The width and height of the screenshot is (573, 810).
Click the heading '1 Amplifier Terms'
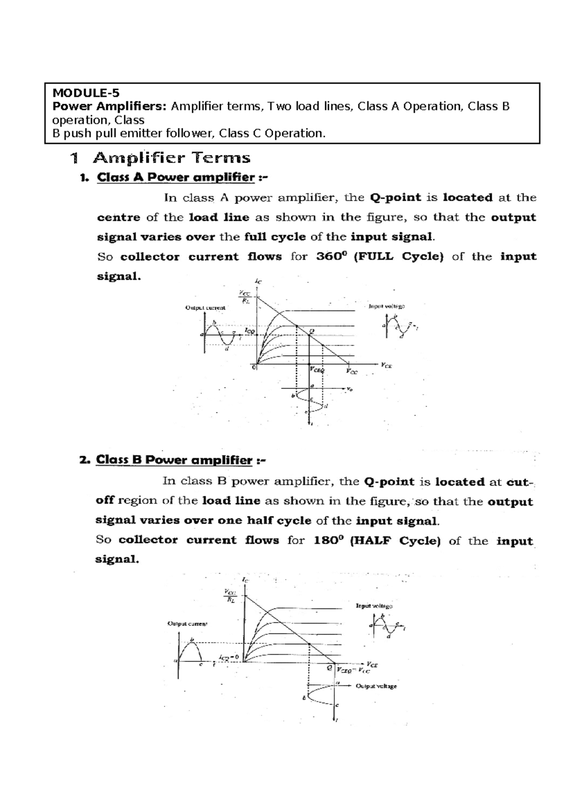point(159,158)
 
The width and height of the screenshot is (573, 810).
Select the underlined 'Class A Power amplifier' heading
point(175,177)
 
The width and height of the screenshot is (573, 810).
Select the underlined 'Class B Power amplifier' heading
point(174,460)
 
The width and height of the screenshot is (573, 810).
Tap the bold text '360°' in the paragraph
point(329,256)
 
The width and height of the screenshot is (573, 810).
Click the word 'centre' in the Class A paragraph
point(118,217)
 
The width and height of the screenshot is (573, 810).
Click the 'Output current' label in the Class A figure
point(205,308)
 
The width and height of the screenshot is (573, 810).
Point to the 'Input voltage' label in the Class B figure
point(374,606)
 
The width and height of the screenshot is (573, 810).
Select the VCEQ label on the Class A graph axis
point(317,369)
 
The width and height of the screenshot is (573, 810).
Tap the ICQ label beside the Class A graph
point(249,330)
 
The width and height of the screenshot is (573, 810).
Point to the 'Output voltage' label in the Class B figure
point(376,686)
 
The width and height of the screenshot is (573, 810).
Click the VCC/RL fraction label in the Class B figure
point(229,597)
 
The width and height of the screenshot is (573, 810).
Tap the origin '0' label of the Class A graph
point(254,367)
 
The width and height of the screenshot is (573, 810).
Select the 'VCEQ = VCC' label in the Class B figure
point(353,670)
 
